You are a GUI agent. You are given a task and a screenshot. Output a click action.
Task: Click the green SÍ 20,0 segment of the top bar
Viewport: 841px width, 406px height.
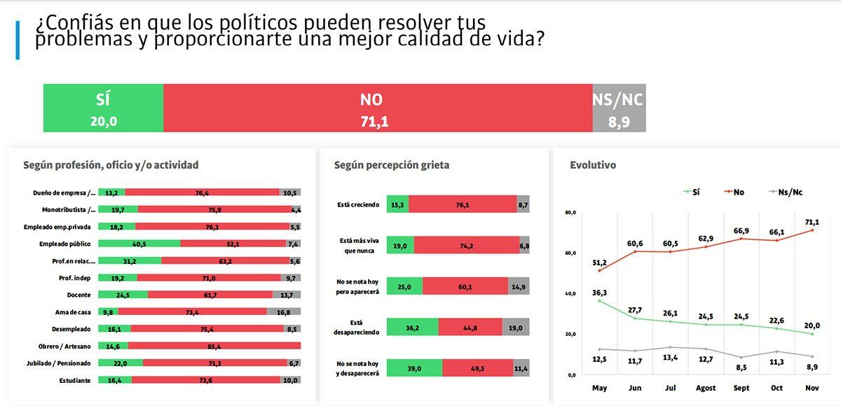click(x=103, y=108)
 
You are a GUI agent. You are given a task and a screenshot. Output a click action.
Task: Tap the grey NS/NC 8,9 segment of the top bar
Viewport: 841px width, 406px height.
click(x=618, y=108)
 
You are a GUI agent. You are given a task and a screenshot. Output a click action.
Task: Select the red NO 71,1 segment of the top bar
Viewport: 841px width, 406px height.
click(x=377, y=108)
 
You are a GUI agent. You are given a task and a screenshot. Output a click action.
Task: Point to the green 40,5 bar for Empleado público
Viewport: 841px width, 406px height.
click(x=139, y=244)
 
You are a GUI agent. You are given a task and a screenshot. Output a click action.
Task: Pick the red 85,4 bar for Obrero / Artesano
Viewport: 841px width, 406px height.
click(x=214, y=346)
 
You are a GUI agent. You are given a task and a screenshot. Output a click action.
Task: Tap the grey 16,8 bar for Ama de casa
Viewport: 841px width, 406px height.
click(x=293, y=311)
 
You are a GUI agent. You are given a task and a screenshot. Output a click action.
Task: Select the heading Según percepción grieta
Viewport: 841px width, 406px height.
click(x=391, y=165)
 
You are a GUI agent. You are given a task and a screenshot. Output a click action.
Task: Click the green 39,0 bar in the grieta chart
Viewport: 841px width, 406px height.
click(x=414, y=367)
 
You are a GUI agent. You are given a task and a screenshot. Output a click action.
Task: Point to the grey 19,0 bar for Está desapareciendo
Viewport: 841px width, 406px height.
click(x=516, y=327)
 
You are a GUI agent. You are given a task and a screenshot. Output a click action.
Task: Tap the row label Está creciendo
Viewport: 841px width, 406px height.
click(x=357, y=204)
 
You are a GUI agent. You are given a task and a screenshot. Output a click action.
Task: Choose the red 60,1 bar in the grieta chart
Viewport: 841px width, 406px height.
click(x=465, y=286)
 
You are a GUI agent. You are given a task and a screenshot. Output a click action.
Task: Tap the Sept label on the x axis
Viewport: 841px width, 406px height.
click(x=741, y=388)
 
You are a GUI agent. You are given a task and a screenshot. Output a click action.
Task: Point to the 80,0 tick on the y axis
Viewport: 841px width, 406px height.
click(x=569, y=212)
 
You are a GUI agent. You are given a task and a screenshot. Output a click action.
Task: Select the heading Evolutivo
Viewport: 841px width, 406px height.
click(x=593, y=165)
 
